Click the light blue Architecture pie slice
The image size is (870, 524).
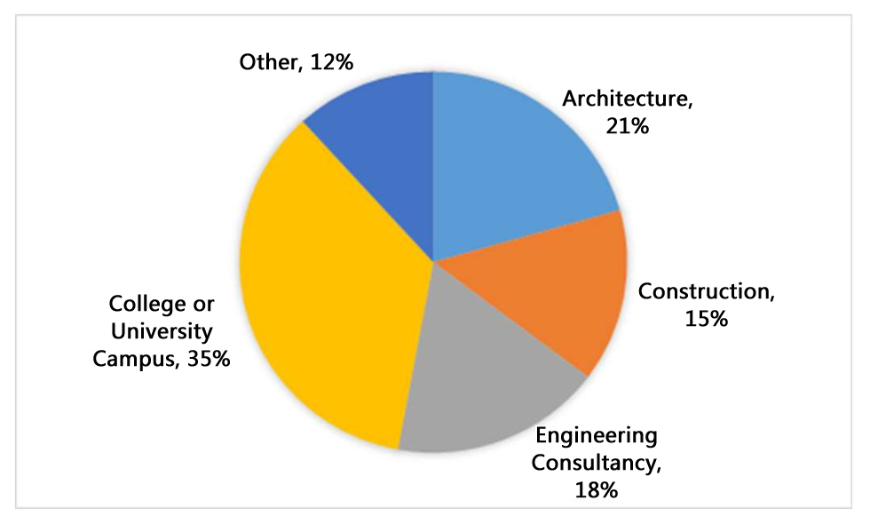515,160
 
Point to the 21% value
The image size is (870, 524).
629,125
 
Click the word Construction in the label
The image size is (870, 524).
701,290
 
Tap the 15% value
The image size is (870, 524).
707,317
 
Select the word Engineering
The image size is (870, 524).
596,436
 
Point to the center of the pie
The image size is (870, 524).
433,261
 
